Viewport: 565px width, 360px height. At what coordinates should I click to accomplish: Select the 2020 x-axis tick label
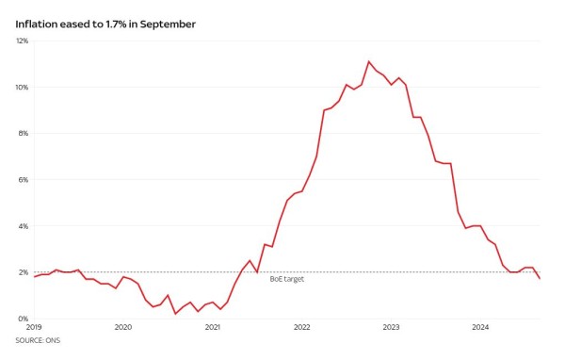(x=122, y=328)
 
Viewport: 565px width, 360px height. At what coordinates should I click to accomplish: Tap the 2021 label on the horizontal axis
(x=212, y=328)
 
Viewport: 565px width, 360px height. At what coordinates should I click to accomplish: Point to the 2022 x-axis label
(x=301, y=328)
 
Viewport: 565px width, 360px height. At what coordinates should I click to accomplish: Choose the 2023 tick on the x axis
(x=392, y=328)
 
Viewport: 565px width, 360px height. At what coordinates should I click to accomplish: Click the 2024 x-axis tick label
(x=481, y=328)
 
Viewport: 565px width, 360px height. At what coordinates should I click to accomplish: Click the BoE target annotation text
(x=287, y=279)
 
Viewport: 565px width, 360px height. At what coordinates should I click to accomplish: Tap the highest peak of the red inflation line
(x=369, y=61)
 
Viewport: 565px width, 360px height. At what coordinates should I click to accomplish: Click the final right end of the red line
(x=540, y=279)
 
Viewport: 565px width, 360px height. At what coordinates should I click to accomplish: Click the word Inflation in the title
(x=37, y=24)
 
